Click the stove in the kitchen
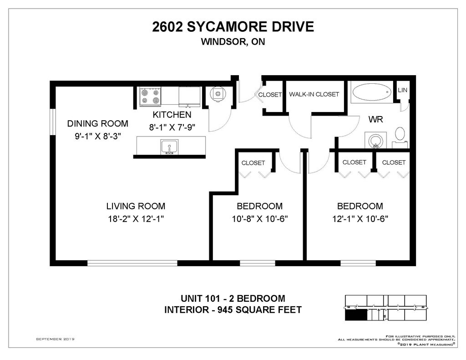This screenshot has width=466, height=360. (150, 96)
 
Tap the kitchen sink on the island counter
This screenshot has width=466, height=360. (169, 147)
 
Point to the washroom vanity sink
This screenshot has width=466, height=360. (375, 140)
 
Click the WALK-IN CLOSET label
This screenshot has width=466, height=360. (314, 94)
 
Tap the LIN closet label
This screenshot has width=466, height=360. (402, 90)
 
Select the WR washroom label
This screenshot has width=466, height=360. (375, 120)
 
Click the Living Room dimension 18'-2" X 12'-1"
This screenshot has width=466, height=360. (136, 219)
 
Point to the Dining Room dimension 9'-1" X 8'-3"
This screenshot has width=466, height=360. (98, 136)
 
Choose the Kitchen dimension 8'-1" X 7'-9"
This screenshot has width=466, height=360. (172, 127)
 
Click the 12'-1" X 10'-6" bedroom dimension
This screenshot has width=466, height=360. (360, 219)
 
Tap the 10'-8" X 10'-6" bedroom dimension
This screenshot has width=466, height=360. (260, 219)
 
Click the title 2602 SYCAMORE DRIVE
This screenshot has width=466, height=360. (233, 27)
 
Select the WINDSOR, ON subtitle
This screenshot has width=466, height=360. (233, 41)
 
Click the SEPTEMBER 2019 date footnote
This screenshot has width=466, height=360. (55, 339)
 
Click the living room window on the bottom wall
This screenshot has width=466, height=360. (132, 263)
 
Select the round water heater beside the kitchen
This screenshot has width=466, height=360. (218, 94)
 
